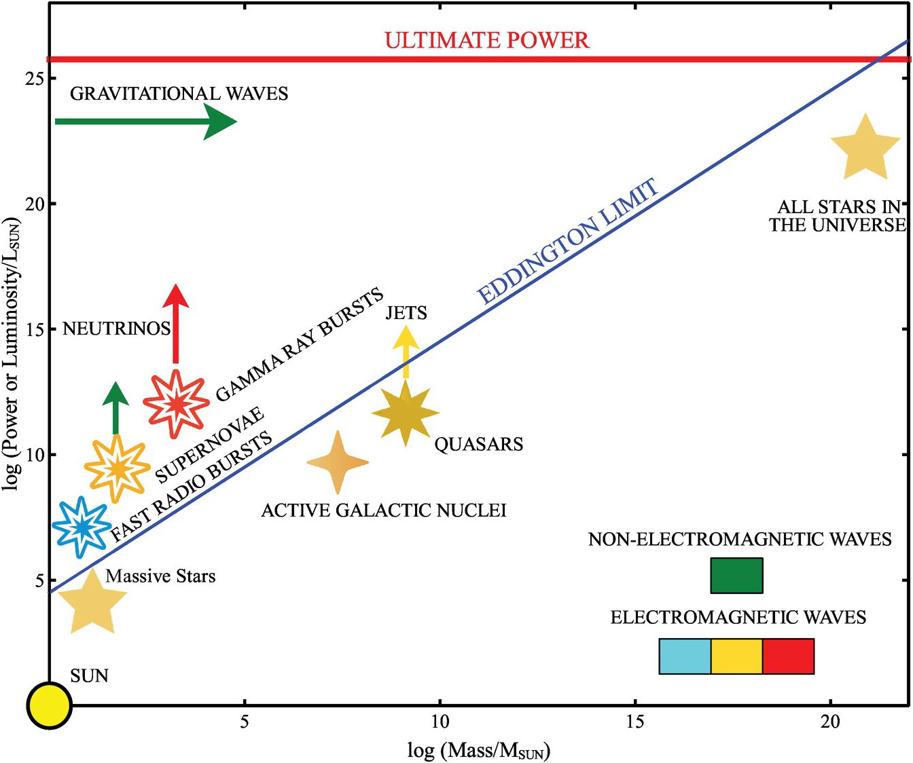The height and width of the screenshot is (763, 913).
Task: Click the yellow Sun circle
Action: coord(49,705)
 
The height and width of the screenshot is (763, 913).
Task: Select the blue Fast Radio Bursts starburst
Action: coord(82,527)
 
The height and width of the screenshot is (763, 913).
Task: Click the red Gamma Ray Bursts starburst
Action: coord(177,403)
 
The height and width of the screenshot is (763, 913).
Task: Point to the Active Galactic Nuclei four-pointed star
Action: coord(338,462)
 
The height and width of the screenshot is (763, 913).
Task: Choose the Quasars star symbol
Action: coord(406,412)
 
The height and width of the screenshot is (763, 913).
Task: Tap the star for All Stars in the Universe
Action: coord(865,149)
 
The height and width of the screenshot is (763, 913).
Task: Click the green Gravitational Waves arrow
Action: coord(145,122)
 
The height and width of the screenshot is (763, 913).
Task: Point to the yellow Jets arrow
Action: coord(406,352)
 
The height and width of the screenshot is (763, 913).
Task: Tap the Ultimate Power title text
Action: coord(487,40)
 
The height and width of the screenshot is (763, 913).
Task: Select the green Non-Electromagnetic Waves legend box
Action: coord(736,576)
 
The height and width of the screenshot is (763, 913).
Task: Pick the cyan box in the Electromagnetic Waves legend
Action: coord(685,656)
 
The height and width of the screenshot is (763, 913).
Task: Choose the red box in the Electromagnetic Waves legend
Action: coord(788,656)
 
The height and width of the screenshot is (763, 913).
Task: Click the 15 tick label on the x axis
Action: coord(635,721)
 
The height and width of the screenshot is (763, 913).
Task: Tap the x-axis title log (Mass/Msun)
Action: coord(478,750)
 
